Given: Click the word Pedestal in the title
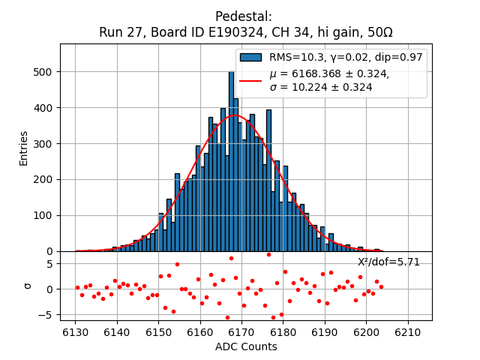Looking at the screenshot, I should [243, 16].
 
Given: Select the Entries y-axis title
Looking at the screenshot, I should [23, 148].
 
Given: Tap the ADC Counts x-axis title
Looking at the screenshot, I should [246, 346].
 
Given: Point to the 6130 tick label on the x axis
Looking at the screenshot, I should [76, 331].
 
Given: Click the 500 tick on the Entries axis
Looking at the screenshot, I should [46, 72].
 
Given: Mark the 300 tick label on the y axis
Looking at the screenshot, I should [46, 144].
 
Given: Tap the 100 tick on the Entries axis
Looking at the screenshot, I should [46, 215].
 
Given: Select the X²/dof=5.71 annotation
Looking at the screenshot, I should [388, 262].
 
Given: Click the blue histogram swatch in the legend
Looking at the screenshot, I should [250, 57].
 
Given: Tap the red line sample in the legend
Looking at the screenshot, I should [250, 80].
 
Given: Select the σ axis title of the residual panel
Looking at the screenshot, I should [28, 285].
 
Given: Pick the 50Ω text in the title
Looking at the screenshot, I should [378, 33].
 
